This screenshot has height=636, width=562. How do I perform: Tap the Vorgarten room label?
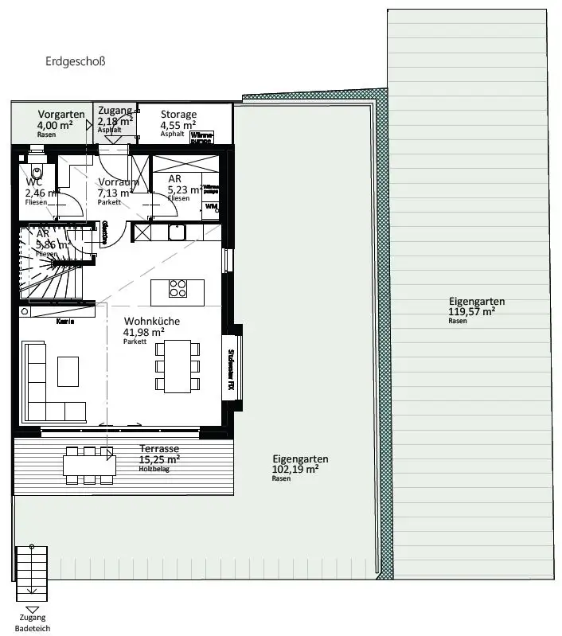point(60,115)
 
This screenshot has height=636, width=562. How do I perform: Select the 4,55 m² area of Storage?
point(178,125)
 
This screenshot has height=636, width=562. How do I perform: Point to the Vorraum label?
point(118,182)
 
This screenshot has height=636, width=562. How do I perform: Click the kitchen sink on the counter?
point(177,232)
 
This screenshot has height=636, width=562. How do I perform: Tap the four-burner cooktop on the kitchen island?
point(178,288)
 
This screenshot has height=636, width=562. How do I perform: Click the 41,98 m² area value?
point(144,332)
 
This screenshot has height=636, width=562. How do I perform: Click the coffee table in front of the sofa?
point(68,371)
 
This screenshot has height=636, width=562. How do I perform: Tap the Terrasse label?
point(159,449)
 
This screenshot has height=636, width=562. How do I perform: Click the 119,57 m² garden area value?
point(472,312)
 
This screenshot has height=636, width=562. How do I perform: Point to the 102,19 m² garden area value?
point(295,470)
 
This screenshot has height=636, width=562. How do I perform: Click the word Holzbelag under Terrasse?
point(155,469)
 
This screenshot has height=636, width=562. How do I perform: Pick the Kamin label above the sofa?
point(65,322)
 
